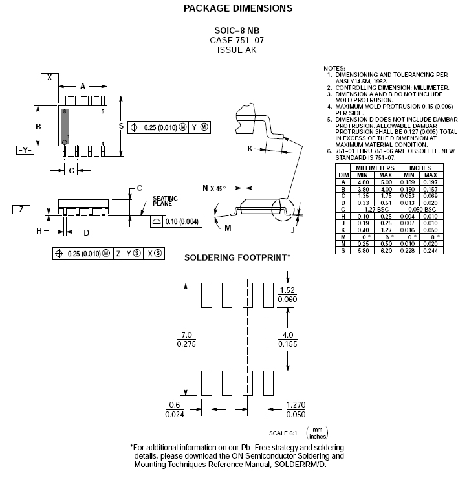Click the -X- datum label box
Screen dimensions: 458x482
tap(50, 78)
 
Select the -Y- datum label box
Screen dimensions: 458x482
tap(25, 150)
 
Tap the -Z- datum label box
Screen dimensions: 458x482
tap(21, 210)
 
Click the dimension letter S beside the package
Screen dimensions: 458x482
tap(121, 126)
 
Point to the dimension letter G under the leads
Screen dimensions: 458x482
tap(72, 170)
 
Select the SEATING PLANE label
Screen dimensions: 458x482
tap(165, 201)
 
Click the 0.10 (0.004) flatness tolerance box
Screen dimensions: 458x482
tap(176, 221)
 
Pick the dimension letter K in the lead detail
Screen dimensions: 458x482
tap(250, 149)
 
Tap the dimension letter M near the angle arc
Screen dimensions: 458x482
tap(228, 228)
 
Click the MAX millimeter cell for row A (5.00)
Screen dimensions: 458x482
tap(386, 182)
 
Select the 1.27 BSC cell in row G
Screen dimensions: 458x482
tap(376, 210)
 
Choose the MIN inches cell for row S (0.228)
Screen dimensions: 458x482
tap(408, 250)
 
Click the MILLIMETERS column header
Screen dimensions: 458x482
tap(375, 168)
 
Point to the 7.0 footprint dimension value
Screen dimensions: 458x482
tap(186, 334)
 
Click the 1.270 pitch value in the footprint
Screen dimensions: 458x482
tap(296, 405)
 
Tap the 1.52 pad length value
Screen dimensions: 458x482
tap(287, 290)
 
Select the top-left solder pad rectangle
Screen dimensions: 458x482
tap(206, 296)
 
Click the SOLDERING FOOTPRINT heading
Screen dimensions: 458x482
tap(237, 257)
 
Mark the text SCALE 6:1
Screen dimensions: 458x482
tap(283, 433)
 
